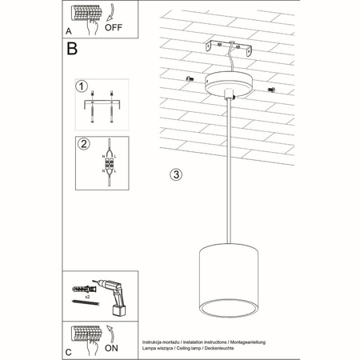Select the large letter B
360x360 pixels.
point(72,50)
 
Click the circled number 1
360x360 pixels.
point(81,86)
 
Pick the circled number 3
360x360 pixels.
point(177,174)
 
